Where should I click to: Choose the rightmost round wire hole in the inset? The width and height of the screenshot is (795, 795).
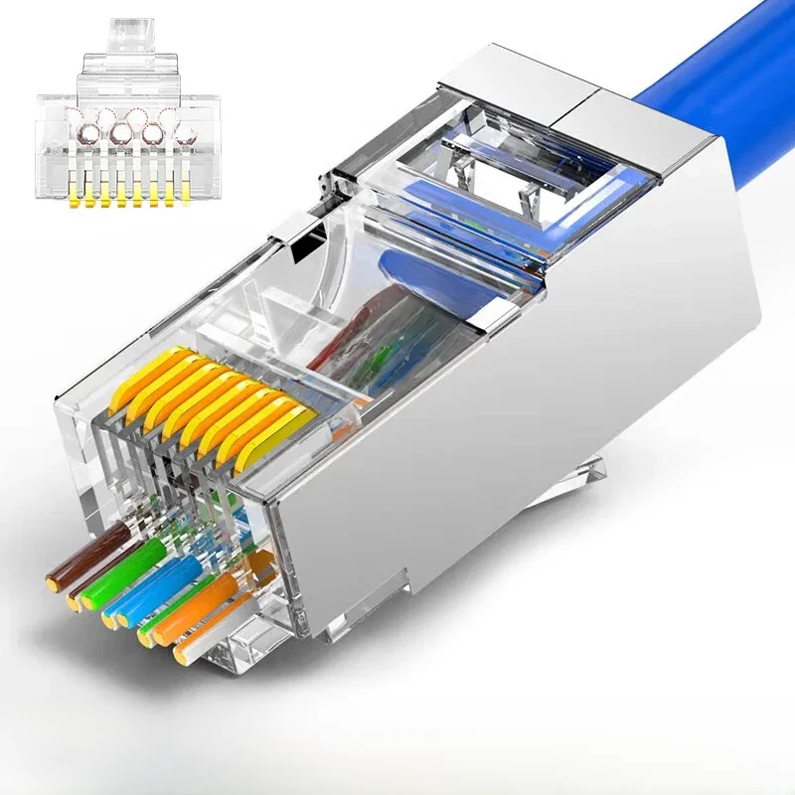(x=184, y=131)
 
